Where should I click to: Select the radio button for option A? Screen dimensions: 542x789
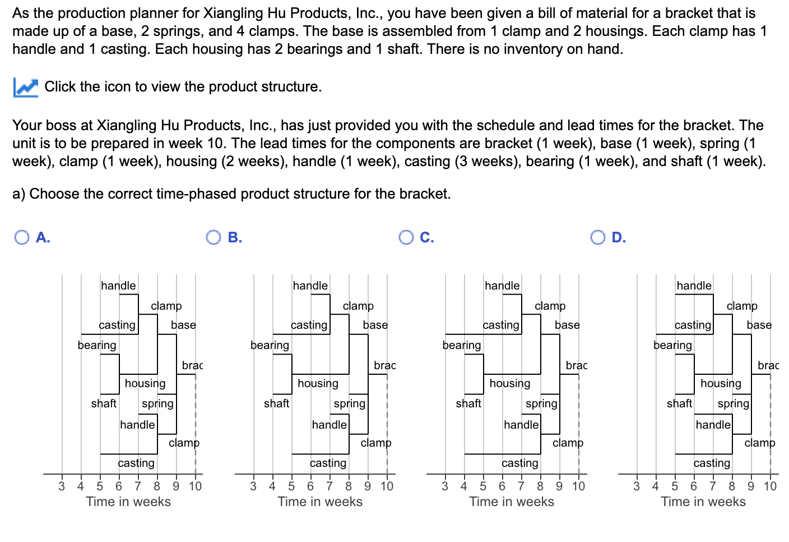(x=22, y=238)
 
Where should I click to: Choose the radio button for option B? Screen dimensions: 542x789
(x=214, y=238)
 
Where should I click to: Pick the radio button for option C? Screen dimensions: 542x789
(x=406, y=238)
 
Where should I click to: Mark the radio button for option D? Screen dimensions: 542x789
(x=597, y=238)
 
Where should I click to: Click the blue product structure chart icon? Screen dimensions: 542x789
(x=25, y=87)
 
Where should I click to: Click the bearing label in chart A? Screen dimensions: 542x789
(x=97, y=345)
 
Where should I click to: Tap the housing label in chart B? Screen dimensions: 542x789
(x=318, y=383)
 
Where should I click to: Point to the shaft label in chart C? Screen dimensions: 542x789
(x=468, y=403)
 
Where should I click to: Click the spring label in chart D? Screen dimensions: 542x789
(x=733, y=403)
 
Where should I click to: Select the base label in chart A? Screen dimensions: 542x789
(x=183, y=325)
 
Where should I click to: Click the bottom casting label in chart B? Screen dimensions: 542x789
(x=328, y=463)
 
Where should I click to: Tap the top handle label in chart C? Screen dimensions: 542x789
(x=502, y=286)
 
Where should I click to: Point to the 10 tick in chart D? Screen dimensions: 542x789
(x=770, y=486)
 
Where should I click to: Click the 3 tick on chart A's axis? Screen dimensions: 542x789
(x=62, y=486)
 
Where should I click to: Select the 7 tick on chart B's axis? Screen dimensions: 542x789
(x=329, y=486)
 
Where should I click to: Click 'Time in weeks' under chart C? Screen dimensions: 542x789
(x=512, y=502)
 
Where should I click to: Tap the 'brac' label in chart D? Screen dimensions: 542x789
(x=768, y=365)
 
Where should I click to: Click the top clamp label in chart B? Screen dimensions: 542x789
(x=358, y=306)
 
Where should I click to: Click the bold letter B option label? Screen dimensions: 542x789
(x=235, y=238)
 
